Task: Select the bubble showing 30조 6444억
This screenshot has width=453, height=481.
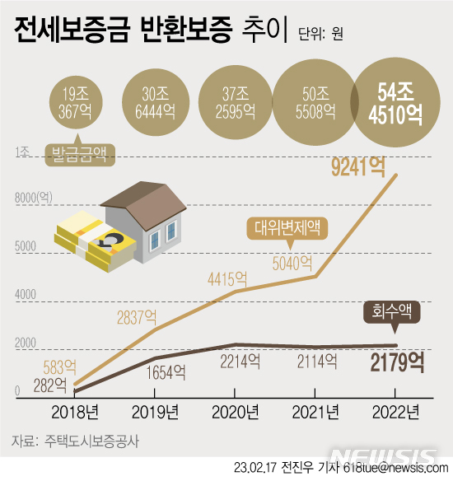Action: pyautogui.click(x=157, y=102)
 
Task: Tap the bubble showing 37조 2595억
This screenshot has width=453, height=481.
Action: pyautogui.click(x=236, y=102)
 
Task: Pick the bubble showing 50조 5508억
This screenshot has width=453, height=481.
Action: pyautogui.click(x=315, y=102)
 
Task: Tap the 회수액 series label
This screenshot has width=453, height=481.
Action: pyautogui.click(x=393, y=311)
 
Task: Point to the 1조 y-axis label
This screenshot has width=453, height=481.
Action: pyautogui.click(x=22, y=152)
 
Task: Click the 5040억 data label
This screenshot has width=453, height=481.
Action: pyautogui.click(x=292, y=263)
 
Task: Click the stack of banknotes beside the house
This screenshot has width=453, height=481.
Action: pyautogui.click(x=92, y=244)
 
